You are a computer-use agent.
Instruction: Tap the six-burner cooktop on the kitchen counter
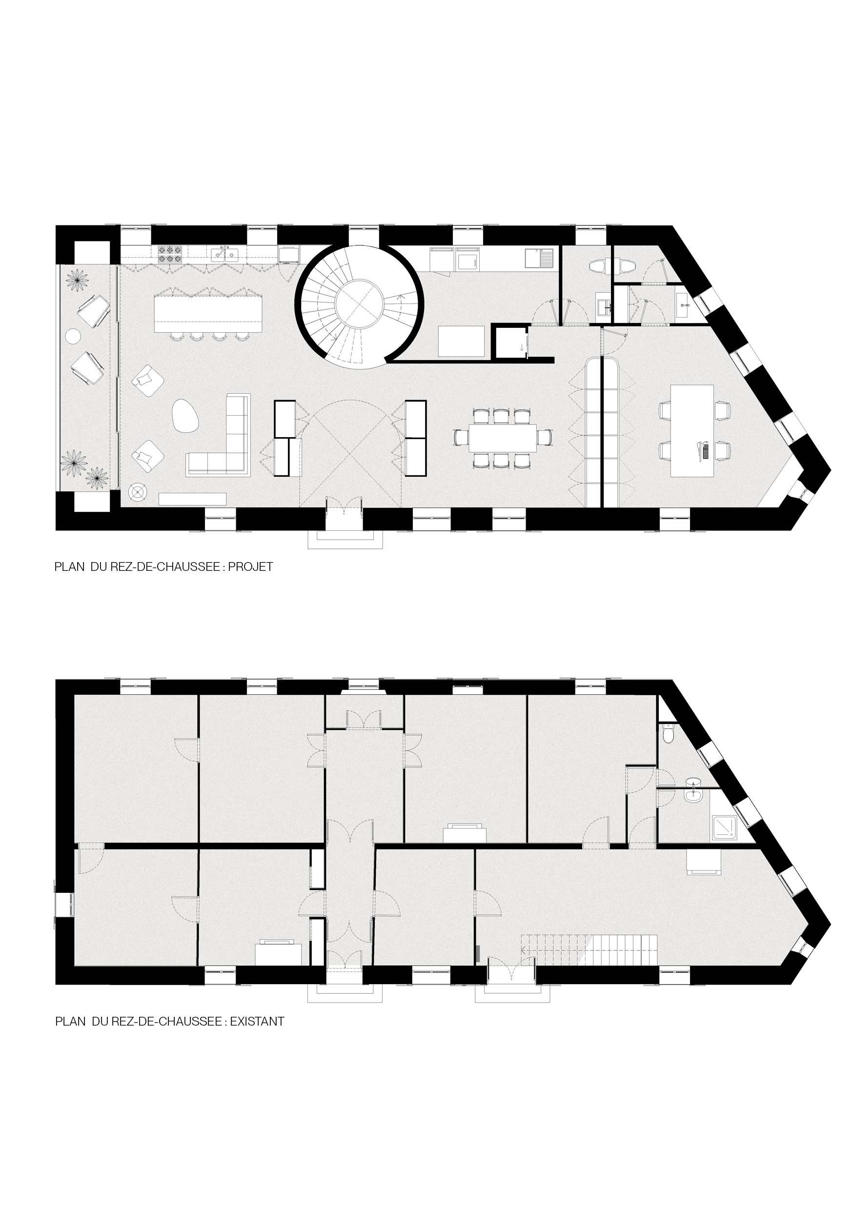tap(169, 255)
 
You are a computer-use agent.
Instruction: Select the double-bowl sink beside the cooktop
tap(224, 255)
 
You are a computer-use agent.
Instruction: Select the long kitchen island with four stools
tap(208, 314)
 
